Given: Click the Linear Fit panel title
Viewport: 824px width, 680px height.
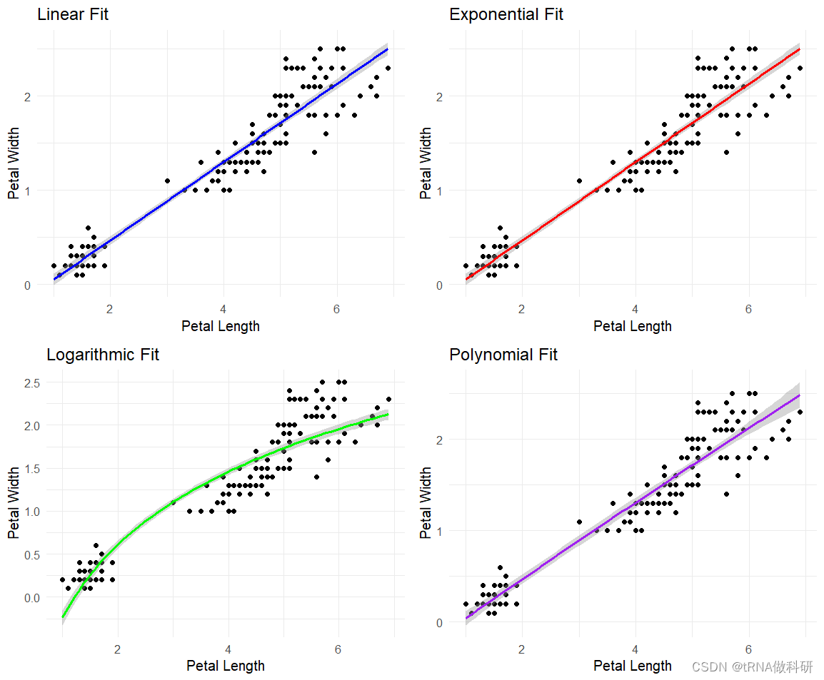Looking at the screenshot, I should pos(73,14).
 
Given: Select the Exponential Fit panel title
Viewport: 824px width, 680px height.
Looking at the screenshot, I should pos(506,14).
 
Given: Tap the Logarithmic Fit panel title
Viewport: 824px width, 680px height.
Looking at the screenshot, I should pos(103,355).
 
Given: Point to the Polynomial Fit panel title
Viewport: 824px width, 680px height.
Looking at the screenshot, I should pos(503,355).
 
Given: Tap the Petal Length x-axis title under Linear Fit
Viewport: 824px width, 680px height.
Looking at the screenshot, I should pos(221,327).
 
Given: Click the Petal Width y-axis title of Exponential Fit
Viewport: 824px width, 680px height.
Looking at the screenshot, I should pos(426,163).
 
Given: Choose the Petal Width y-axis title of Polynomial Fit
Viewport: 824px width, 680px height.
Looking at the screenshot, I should pos(426,503).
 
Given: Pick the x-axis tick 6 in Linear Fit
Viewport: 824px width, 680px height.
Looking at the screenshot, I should pos(336,308).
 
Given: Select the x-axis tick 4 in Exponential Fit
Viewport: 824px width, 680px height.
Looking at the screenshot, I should pos(635,308).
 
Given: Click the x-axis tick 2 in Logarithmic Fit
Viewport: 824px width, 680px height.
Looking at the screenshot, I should pos(118,649).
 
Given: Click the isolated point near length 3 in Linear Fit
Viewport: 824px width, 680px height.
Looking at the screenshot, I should pos(167,181).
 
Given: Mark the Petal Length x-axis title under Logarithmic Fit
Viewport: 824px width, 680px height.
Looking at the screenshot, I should pos(226,666).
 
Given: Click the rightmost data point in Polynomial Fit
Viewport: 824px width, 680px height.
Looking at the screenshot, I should pos(800,412).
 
